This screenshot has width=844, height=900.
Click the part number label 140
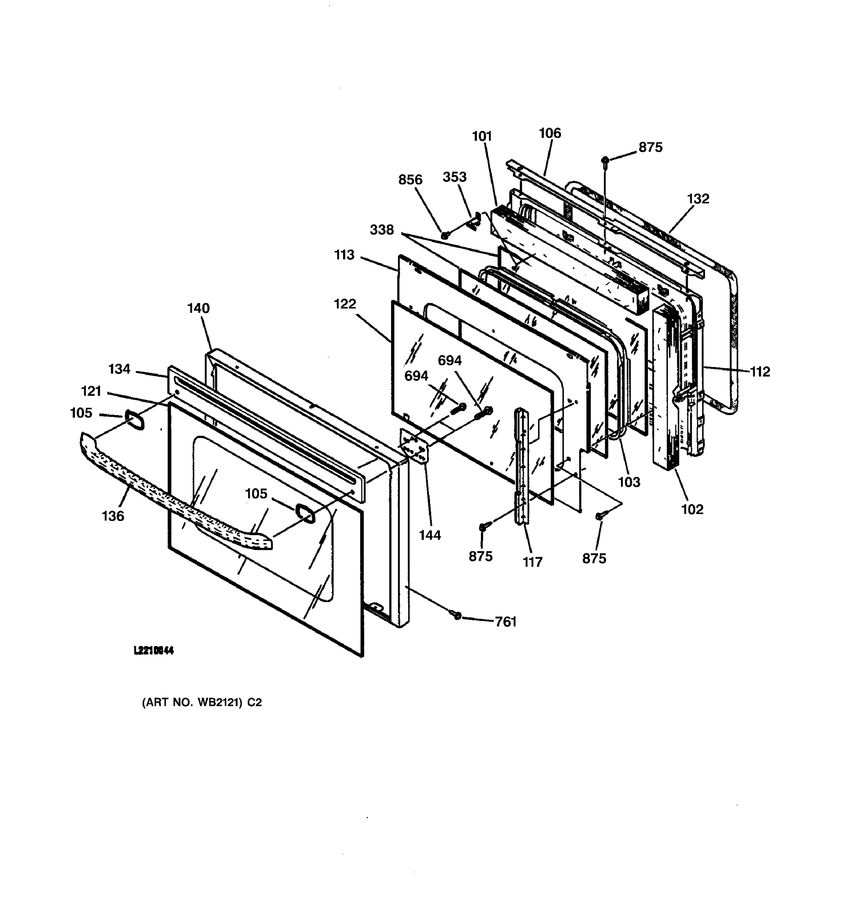(x=198, y=308)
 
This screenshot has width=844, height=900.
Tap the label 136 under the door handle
(x=113, y=516)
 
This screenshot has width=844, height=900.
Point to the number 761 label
(x=505, y=622)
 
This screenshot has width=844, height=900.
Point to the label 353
(x=454, y=177)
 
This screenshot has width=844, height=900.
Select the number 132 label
(x=698, y=199)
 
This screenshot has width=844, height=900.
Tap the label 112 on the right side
(x=760, y=372)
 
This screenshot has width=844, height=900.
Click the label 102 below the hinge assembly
(x=692, y=509)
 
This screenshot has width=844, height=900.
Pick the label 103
(x=629, y=482)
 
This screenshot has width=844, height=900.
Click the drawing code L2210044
(x=154, y=651)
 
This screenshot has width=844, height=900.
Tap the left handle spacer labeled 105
(x=134, y=420)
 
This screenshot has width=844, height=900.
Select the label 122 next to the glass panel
(x=345, y=304)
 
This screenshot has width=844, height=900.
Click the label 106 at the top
(x=550, y=133)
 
